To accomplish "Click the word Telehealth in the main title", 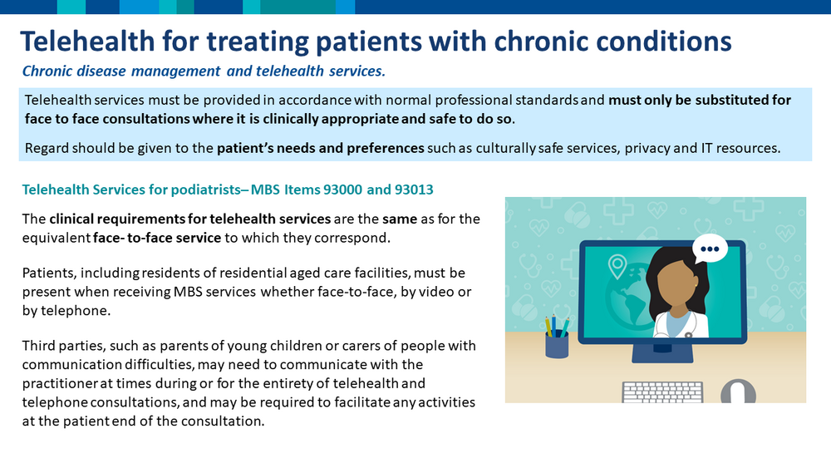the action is click(87, 42).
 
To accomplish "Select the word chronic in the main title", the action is click(542, 42).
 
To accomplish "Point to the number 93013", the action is click(414, 190).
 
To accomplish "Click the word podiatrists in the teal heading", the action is click(205, 190).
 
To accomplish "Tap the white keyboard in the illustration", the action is click(662, 392).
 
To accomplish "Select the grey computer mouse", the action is click(738, 392).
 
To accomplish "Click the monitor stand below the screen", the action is click(662, 353).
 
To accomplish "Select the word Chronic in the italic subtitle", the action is click(47, 71).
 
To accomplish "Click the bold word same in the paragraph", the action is click(400, 219).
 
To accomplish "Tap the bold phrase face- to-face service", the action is click(157, 238).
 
